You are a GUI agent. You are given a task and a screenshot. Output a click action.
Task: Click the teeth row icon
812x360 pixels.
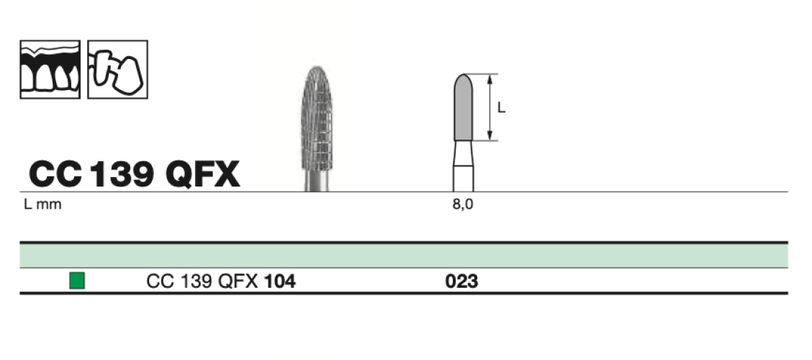[x=50, y=69]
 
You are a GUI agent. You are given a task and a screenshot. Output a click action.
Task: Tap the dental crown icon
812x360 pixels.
[x=117, y=69]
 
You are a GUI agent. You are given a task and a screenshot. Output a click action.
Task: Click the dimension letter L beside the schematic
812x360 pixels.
[x=502, y=109]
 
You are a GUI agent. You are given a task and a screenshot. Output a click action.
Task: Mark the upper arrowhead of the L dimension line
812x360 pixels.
[x=490, y=77]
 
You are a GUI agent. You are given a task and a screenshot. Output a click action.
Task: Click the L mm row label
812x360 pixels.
[x=42, y=204]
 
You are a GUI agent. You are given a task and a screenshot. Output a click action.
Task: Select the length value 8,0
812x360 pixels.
[x=463, y=204]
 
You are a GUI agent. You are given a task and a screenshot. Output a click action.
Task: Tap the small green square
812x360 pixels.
[x=77, y=280]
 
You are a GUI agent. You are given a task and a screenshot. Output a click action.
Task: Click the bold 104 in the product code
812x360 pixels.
[x=280, y=281]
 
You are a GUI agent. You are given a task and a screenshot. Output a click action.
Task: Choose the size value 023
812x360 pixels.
[x=462, y=281]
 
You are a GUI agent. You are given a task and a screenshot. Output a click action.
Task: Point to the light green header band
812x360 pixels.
[x=403, y=256]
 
